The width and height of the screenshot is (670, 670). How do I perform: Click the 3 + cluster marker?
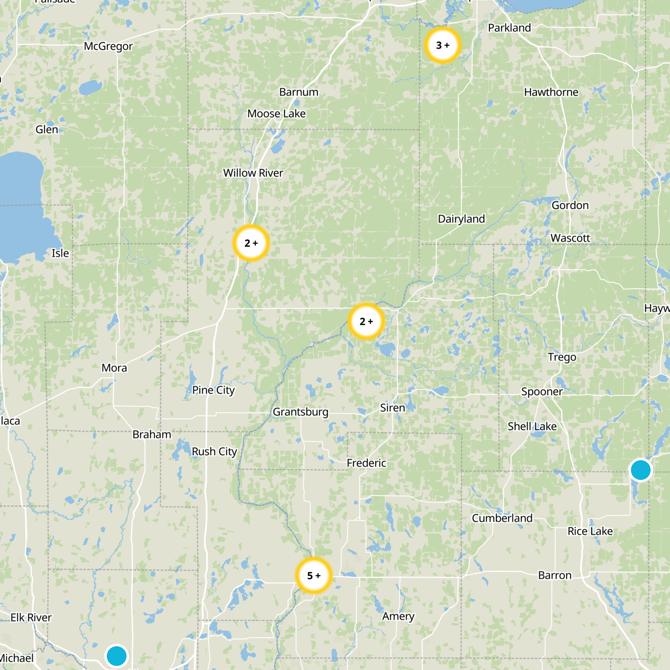pos(443,45)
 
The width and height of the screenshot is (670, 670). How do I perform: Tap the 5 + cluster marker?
pos(314,575)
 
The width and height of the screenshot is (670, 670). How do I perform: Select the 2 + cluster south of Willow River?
pos(251,243)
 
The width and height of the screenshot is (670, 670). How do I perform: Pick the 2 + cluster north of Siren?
pos(366,322)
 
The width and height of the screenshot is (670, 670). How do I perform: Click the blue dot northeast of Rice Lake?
pos(640,469)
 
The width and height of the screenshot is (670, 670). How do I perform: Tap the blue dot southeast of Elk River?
pos(116,655)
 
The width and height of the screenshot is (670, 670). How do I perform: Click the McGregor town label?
pos(108,46)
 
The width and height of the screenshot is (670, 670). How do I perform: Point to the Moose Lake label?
pos(276,113)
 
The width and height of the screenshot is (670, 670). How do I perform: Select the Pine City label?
pos(213,390)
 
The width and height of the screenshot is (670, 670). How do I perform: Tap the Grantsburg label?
pos(300,412)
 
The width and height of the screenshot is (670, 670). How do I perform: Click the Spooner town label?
pos(542,392)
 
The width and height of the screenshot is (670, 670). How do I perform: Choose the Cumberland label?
pos(502,518)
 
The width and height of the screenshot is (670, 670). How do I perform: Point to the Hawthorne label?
pos(551,92)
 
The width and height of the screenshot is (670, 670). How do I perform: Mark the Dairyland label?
pos(461,219)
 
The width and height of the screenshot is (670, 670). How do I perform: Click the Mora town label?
pos(114,368)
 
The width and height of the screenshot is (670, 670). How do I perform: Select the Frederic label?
pos(366,463)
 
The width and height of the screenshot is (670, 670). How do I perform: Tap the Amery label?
pos(398,616)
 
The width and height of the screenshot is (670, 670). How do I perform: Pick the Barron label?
pos(554,575)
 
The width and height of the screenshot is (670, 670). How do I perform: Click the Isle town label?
pos(60,253)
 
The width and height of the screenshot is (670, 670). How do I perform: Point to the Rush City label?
pos(214,451)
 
